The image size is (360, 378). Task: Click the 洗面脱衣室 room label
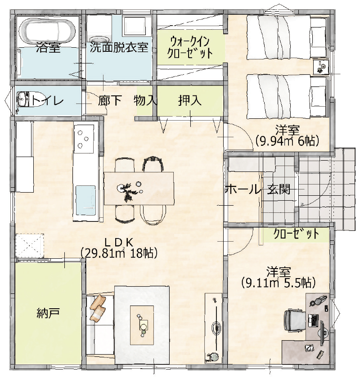[119, 47]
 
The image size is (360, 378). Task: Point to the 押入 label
[189, 100]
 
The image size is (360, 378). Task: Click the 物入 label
[145, 100]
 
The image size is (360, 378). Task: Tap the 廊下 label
[110, 100]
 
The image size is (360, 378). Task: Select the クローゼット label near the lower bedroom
[297, 234]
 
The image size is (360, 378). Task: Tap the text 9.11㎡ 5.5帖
[278, 283]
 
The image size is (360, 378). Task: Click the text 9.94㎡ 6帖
[287, 141]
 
